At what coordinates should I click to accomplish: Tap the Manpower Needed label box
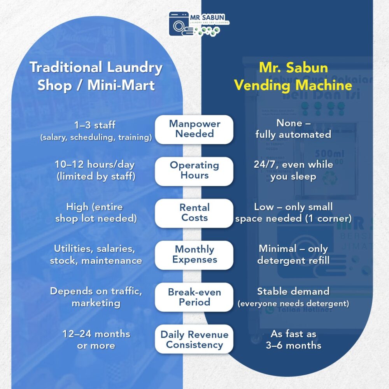(x=194, y=129)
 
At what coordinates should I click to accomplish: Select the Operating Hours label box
(x=194, y=171)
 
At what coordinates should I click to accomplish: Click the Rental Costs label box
(x=194, y=213)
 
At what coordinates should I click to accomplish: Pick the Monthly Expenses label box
(x=194, y=255)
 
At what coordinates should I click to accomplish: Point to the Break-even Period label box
(x=194, y=297)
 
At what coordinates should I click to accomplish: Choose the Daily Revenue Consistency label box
(x=194, y=339)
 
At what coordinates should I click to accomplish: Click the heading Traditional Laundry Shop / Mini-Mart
(x=96, y=76)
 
